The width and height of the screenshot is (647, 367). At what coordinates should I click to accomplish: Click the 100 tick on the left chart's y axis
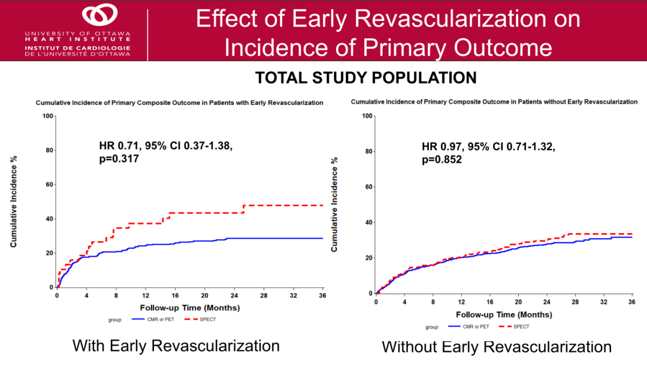(x=48, y=115)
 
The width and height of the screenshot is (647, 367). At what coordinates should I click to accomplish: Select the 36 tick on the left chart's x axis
(x=322, y=296)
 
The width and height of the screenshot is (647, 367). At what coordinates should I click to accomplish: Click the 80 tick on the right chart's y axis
(x=368, y=151)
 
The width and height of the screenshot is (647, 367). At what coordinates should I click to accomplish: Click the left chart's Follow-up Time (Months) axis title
(x=190, y=308)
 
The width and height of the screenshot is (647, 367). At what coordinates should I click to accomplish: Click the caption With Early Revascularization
(x=176, y=346)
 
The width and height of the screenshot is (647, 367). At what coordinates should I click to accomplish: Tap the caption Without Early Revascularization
(x=497, y=347)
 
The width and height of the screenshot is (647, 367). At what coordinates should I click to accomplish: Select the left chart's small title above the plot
(x=179, y=103)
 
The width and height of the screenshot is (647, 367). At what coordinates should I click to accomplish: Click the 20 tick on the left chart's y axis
(x=50, y=253)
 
